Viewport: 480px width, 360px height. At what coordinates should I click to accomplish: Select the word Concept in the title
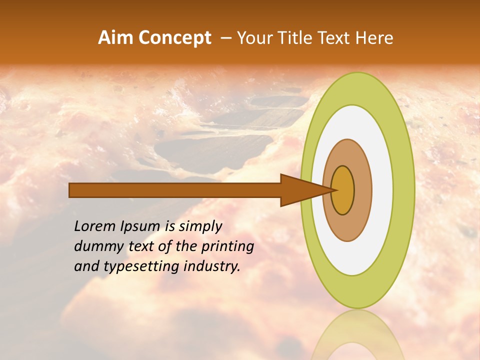point(175,38)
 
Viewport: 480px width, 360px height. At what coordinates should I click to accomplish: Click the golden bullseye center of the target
point(343,190)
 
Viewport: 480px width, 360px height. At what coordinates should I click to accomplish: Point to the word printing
point(228,247)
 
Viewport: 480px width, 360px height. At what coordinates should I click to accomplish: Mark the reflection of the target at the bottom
point(358,337)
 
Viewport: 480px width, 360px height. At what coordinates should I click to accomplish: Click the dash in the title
point(225,38)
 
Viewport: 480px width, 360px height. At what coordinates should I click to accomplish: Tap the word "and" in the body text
point(85,266)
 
